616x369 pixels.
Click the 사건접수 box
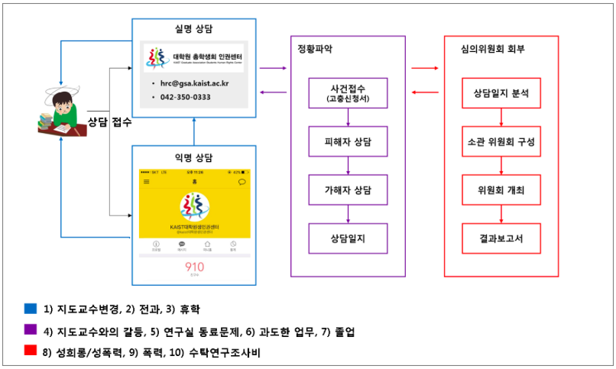(x=347, y=92)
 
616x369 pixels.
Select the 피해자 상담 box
(x=347, y=141)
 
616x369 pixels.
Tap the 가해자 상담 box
(x=347, y=189)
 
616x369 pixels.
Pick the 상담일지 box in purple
(x=347, y=238)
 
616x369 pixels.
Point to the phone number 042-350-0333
(x=186, y=97)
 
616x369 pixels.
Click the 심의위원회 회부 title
(x=489, y=48)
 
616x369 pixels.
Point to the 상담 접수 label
(x=109, y=122)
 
